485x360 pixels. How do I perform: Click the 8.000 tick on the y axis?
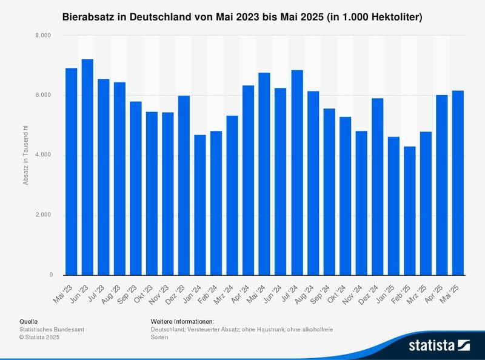coord(44,36)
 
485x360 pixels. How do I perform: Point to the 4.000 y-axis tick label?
coord(44,155)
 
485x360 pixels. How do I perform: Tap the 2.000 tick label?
coord(44,215)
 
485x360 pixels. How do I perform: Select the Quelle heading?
coord(28,321)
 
